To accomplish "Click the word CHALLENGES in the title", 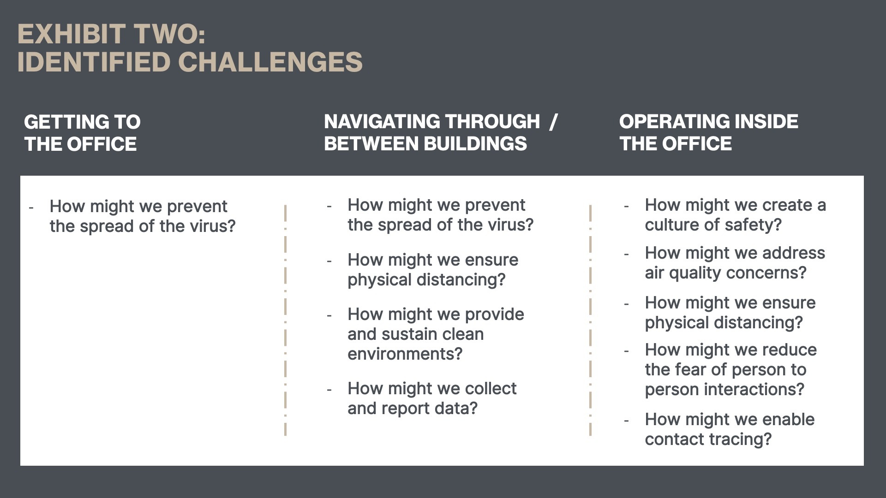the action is coord(270,62).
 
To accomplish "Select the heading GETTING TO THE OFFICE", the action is coord(82,133).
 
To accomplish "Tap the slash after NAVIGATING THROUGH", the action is coord(554,122).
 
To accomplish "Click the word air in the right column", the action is coord(654,273).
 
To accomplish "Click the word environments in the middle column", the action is coord(405,354).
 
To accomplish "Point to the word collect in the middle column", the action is coord(491,389).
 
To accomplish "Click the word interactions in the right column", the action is coord(754,390).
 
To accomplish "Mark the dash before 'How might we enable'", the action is coord(626,421).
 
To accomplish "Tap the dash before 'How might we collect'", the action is coord(329,390).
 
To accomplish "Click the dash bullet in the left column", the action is coord(31,208).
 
